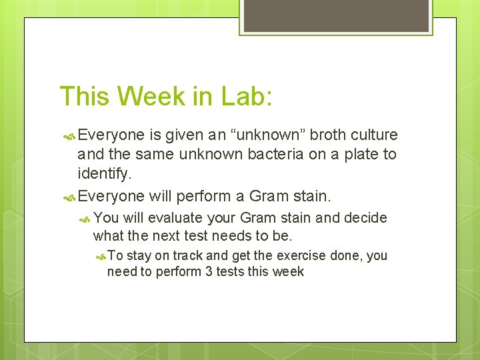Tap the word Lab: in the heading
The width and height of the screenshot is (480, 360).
(245, 96)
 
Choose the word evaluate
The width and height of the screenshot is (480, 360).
(175, 217)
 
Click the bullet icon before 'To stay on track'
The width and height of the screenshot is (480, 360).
(100, 256)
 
